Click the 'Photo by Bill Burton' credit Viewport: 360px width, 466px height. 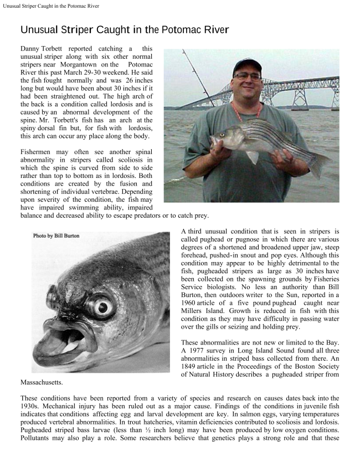56,235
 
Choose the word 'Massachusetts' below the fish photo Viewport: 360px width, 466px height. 41,382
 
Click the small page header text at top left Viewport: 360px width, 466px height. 51,6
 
